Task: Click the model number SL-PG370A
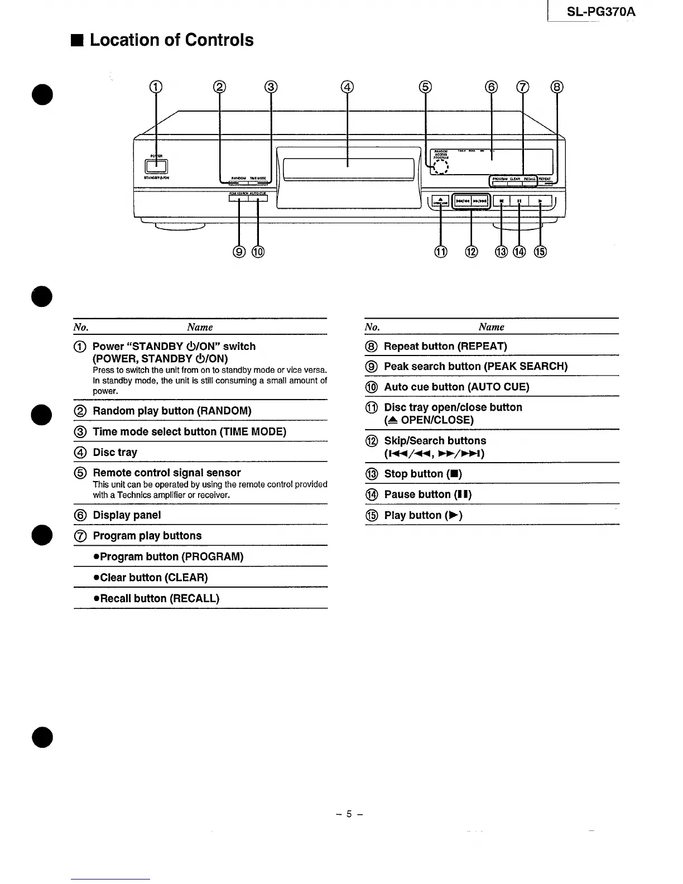(600, 12)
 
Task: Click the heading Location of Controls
(171, 40)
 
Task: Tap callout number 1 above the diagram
(156, 87)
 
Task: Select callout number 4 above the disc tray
(347, 87)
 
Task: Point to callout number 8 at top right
(557, 87)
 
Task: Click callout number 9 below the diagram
(239, 252)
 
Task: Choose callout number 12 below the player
(472, 252)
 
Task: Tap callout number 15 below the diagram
(540, 252)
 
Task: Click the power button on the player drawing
(156, 166)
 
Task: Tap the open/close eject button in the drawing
(440, 201)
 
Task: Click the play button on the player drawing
(540, 201)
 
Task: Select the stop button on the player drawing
(502, 201)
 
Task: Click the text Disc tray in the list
(115, 453)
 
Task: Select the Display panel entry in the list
(127, 515)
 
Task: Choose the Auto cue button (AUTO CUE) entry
(456, 387)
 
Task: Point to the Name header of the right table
(491, 327)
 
